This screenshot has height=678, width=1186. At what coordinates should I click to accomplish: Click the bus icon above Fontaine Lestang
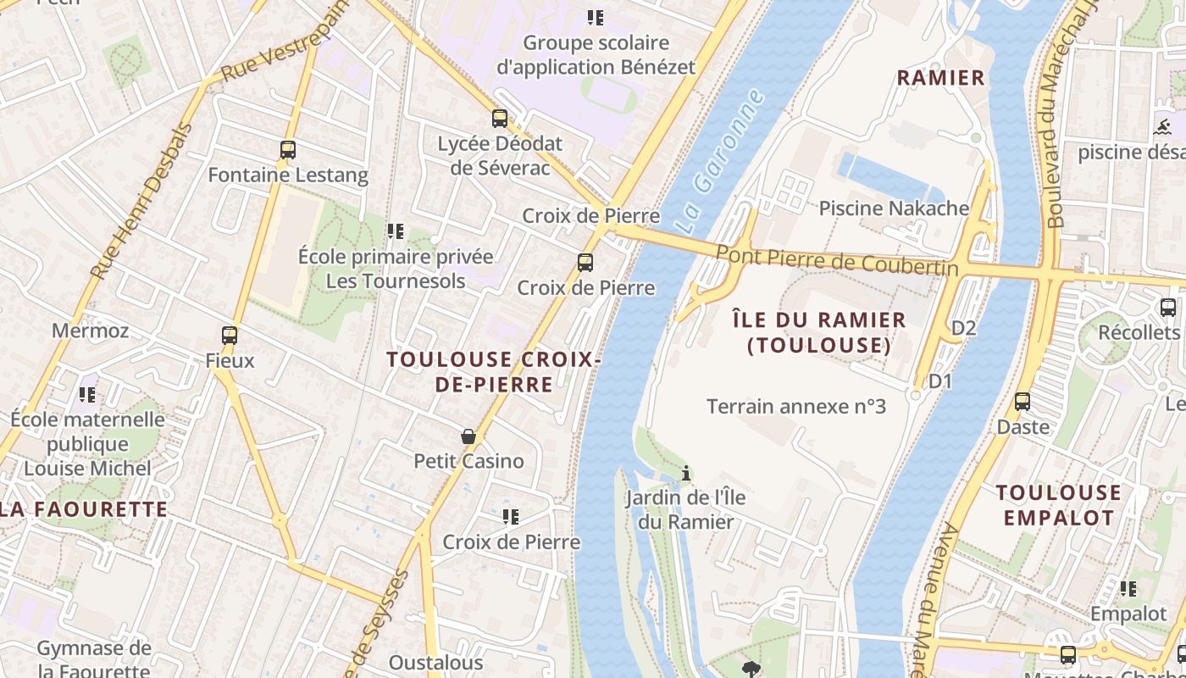click(x=288, y=150)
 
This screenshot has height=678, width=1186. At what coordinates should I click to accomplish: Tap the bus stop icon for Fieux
click(x=230, y=335)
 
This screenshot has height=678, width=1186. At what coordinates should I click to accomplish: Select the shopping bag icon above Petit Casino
click(x=468, y=436)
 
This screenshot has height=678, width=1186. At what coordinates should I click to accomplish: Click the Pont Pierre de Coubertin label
click(x=837, y=259)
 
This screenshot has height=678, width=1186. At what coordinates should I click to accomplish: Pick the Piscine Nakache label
click(x=894, y=208)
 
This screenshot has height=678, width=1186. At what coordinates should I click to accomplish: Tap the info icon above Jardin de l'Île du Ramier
click(x=686, y=473)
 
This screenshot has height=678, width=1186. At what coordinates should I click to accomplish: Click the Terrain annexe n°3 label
click(x=796, y=407)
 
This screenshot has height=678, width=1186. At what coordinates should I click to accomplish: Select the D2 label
click(x=964, y=328)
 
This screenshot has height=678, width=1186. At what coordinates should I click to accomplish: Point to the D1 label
click(x=940, y=381)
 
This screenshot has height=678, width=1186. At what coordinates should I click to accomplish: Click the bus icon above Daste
click(x=1023, y=402)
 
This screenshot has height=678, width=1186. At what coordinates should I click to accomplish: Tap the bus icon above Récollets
click(x=1168, y=308)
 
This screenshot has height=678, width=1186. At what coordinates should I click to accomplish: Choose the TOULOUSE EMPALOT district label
click(x=1058, y=505)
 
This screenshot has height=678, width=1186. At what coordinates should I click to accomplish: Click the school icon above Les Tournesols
click(x=395, y=231)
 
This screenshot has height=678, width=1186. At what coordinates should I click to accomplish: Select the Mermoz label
click(x=91, y=331)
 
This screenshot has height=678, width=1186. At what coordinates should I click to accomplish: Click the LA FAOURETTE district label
click(x=84, y=509)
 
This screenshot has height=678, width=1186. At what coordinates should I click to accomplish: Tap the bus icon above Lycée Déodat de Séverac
click(x=500, y=119)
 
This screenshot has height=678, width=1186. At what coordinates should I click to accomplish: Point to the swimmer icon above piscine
click(x=1162, y=128)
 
